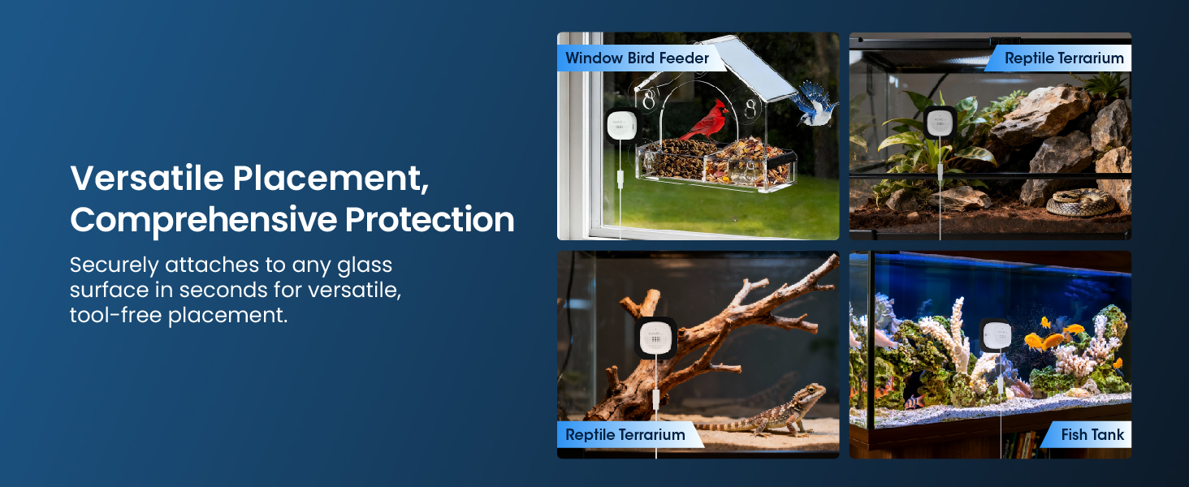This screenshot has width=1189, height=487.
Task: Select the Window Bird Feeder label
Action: click(637, 58)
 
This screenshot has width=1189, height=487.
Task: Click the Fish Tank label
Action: click(1092, 435)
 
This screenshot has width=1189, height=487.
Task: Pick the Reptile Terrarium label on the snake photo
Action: click(1063, 58)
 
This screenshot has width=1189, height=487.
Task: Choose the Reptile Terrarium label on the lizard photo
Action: click(625, 435)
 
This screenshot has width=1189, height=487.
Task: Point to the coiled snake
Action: click(1080, 203)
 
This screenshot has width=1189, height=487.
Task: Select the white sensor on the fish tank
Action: click(997, 335)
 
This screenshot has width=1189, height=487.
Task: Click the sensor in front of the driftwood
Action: click(656, 338)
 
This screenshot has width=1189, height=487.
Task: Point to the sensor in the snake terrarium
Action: click(940, 124)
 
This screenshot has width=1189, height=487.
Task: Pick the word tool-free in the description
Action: click(115, 315)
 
